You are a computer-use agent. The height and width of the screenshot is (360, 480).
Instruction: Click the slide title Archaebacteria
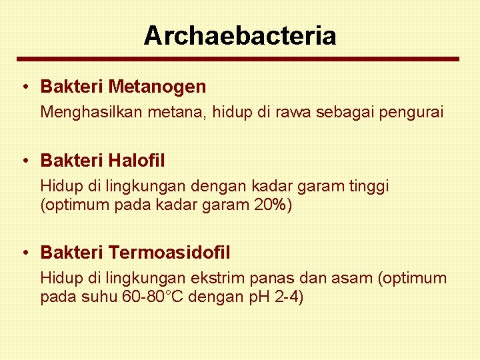click(240, 35)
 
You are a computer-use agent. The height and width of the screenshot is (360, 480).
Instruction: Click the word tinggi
click(369, 186)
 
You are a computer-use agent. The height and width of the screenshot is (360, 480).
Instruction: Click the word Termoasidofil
click(169, 253)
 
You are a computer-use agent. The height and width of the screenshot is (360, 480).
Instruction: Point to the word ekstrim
click(217, 278)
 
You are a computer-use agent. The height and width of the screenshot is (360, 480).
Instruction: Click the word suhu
click(102, 297)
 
